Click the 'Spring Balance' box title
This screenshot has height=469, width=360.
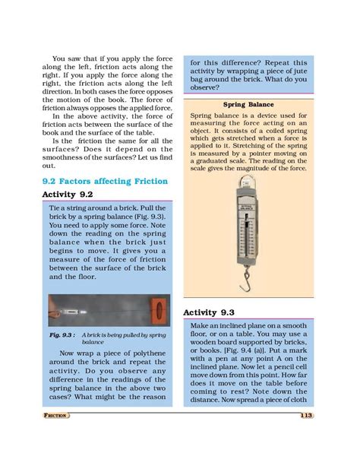[248, 105]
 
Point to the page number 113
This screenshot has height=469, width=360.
[305, 415]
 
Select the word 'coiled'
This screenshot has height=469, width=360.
[271, 132]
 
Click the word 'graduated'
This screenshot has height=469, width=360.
[222, 168]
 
